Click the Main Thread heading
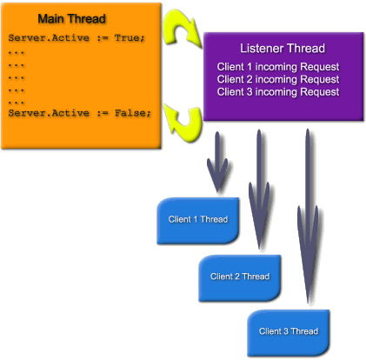coord(71,19)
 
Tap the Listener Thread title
coord(283,49)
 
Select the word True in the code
coord(130,38)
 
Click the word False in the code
coord(133,113)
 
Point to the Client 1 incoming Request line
coord(278,67)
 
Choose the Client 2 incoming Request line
coord(278,79)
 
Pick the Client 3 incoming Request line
coord(278,92)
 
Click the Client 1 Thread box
coord(198,221)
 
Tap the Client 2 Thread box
coord(240,278)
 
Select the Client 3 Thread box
coord(289,333)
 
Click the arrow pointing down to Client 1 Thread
coord(217,163)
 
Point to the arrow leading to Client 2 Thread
coord(259,189)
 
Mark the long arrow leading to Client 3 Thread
coord(308,216)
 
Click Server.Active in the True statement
coord(49,38)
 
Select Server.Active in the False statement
coord(49,113)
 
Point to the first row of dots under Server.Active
coord(17,53)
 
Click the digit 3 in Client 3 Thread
coord(286,331)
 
